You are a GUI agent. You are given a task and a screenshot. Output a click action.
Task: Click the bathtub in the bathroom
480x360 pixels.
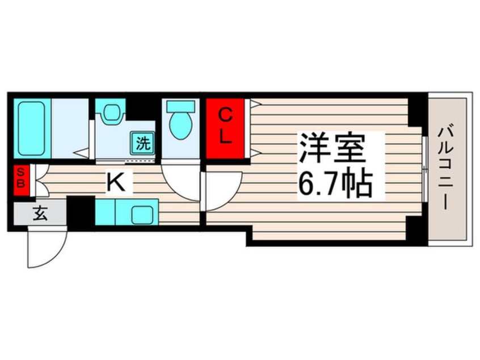point(32,128)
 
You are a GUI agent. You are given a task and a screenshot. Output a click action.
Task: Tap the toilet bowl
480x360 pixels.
point(181,126)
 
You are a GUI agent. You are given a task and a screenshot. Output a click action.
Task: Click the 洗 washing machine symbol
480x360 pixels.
point(142,143)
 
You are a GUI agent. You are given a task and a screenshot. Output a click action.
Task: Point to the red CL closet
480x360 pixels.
point(225,128)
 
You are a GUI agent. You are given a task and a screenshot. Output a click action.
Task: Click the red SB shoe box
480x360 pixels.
point(21,180)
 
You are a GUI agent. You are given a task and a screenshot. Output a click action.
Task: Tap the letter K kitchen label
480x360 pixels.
point(116,182)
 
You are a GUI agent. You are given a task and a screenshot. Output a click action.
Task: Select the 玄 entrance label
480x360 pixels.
point(40,214)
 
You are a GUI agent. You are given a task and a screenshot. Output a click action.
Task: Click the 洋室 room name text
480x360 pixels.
point(332,148)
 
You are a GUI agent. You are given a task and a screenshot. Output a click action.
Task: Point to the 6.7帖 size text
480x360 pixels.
point(335,184)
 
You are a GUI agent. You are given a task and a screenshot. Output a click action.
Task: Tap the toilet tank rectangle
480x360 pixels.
point(180,106)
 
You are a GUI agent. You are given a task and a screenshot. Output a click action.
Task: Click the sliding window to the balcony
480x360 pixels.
point(424,169)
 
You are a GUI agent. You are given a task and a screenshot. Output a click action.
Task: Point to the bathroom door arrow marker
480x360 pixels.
point(82,153)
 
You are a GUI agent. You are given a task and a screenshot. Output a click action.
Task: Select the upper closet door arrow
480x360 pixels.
point(255,103)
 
